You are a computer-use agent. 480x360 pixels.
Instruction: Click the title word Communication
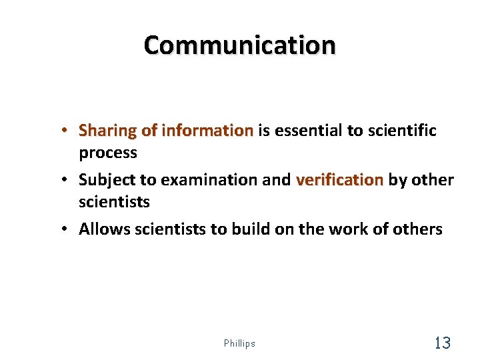(240, 46)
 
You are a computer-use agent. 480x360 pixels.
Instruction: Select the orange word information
(209, 130)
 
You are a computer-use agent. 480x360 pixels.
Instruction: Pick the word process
(108, 153)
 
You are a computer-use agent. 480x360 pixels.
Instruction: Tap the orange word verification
(339, 180)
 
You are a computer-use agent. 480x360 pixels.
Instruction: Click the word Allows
(103, 229)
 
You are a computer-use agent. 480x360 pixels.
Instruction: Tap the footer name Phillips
(239, 343)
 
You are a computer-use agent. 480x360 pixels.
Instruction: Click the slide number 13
(442, 343)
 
